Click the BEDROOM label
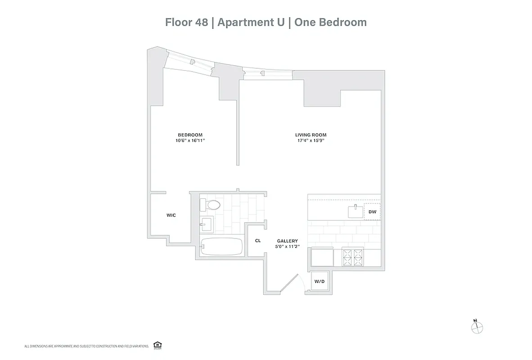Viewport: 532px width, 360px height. pos(190,135)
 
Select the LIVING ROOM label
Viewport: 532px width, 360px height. pos(311,135)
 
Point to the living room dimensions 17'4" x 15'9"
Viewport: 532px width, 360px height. pos(311,140)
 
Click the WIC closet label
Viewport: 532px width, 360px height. pos(171,215)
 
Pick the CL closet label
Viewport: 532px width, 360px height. pos(258,241)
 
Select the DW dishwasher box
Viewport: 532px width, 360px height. pos(372,211)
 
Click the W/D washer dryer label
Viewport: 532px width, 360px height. pos(319,281)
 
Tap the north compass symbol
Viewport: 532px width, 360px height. pos(476,327)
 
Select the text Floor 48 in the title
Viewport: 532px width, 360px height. pos(186,22)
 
